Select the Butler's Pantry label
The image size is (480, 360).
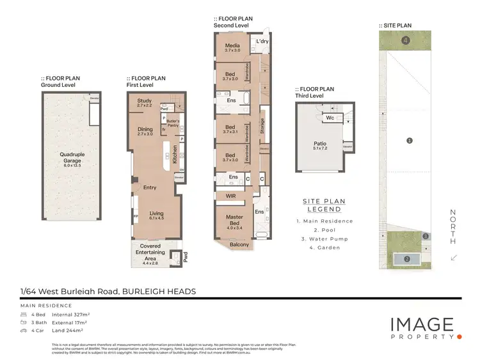pyautogui.click(x=173, y=123)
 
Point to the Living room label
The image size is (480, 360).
pyautogui.click(x=157, y=215)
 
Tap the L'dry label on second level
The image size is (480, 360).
pyautogui.click(x=262, y=42)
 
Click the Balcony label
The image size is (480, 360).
pyautogui.click(x=239, y=244)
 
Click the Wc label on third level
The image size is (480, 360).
pyautogui.click(x=331, y=118)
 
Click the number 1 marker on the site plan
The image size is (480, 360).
pyautogui.click(x=409, y=140)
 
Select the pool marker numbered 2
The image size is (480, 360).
pyautogui.click(x=406, y=258)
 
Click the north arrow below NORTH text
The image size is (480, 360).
pyautogui.click(x=453, y=257)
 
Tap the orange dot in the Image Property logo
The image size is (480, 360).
pyautogui.click(x=459, y=336)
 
